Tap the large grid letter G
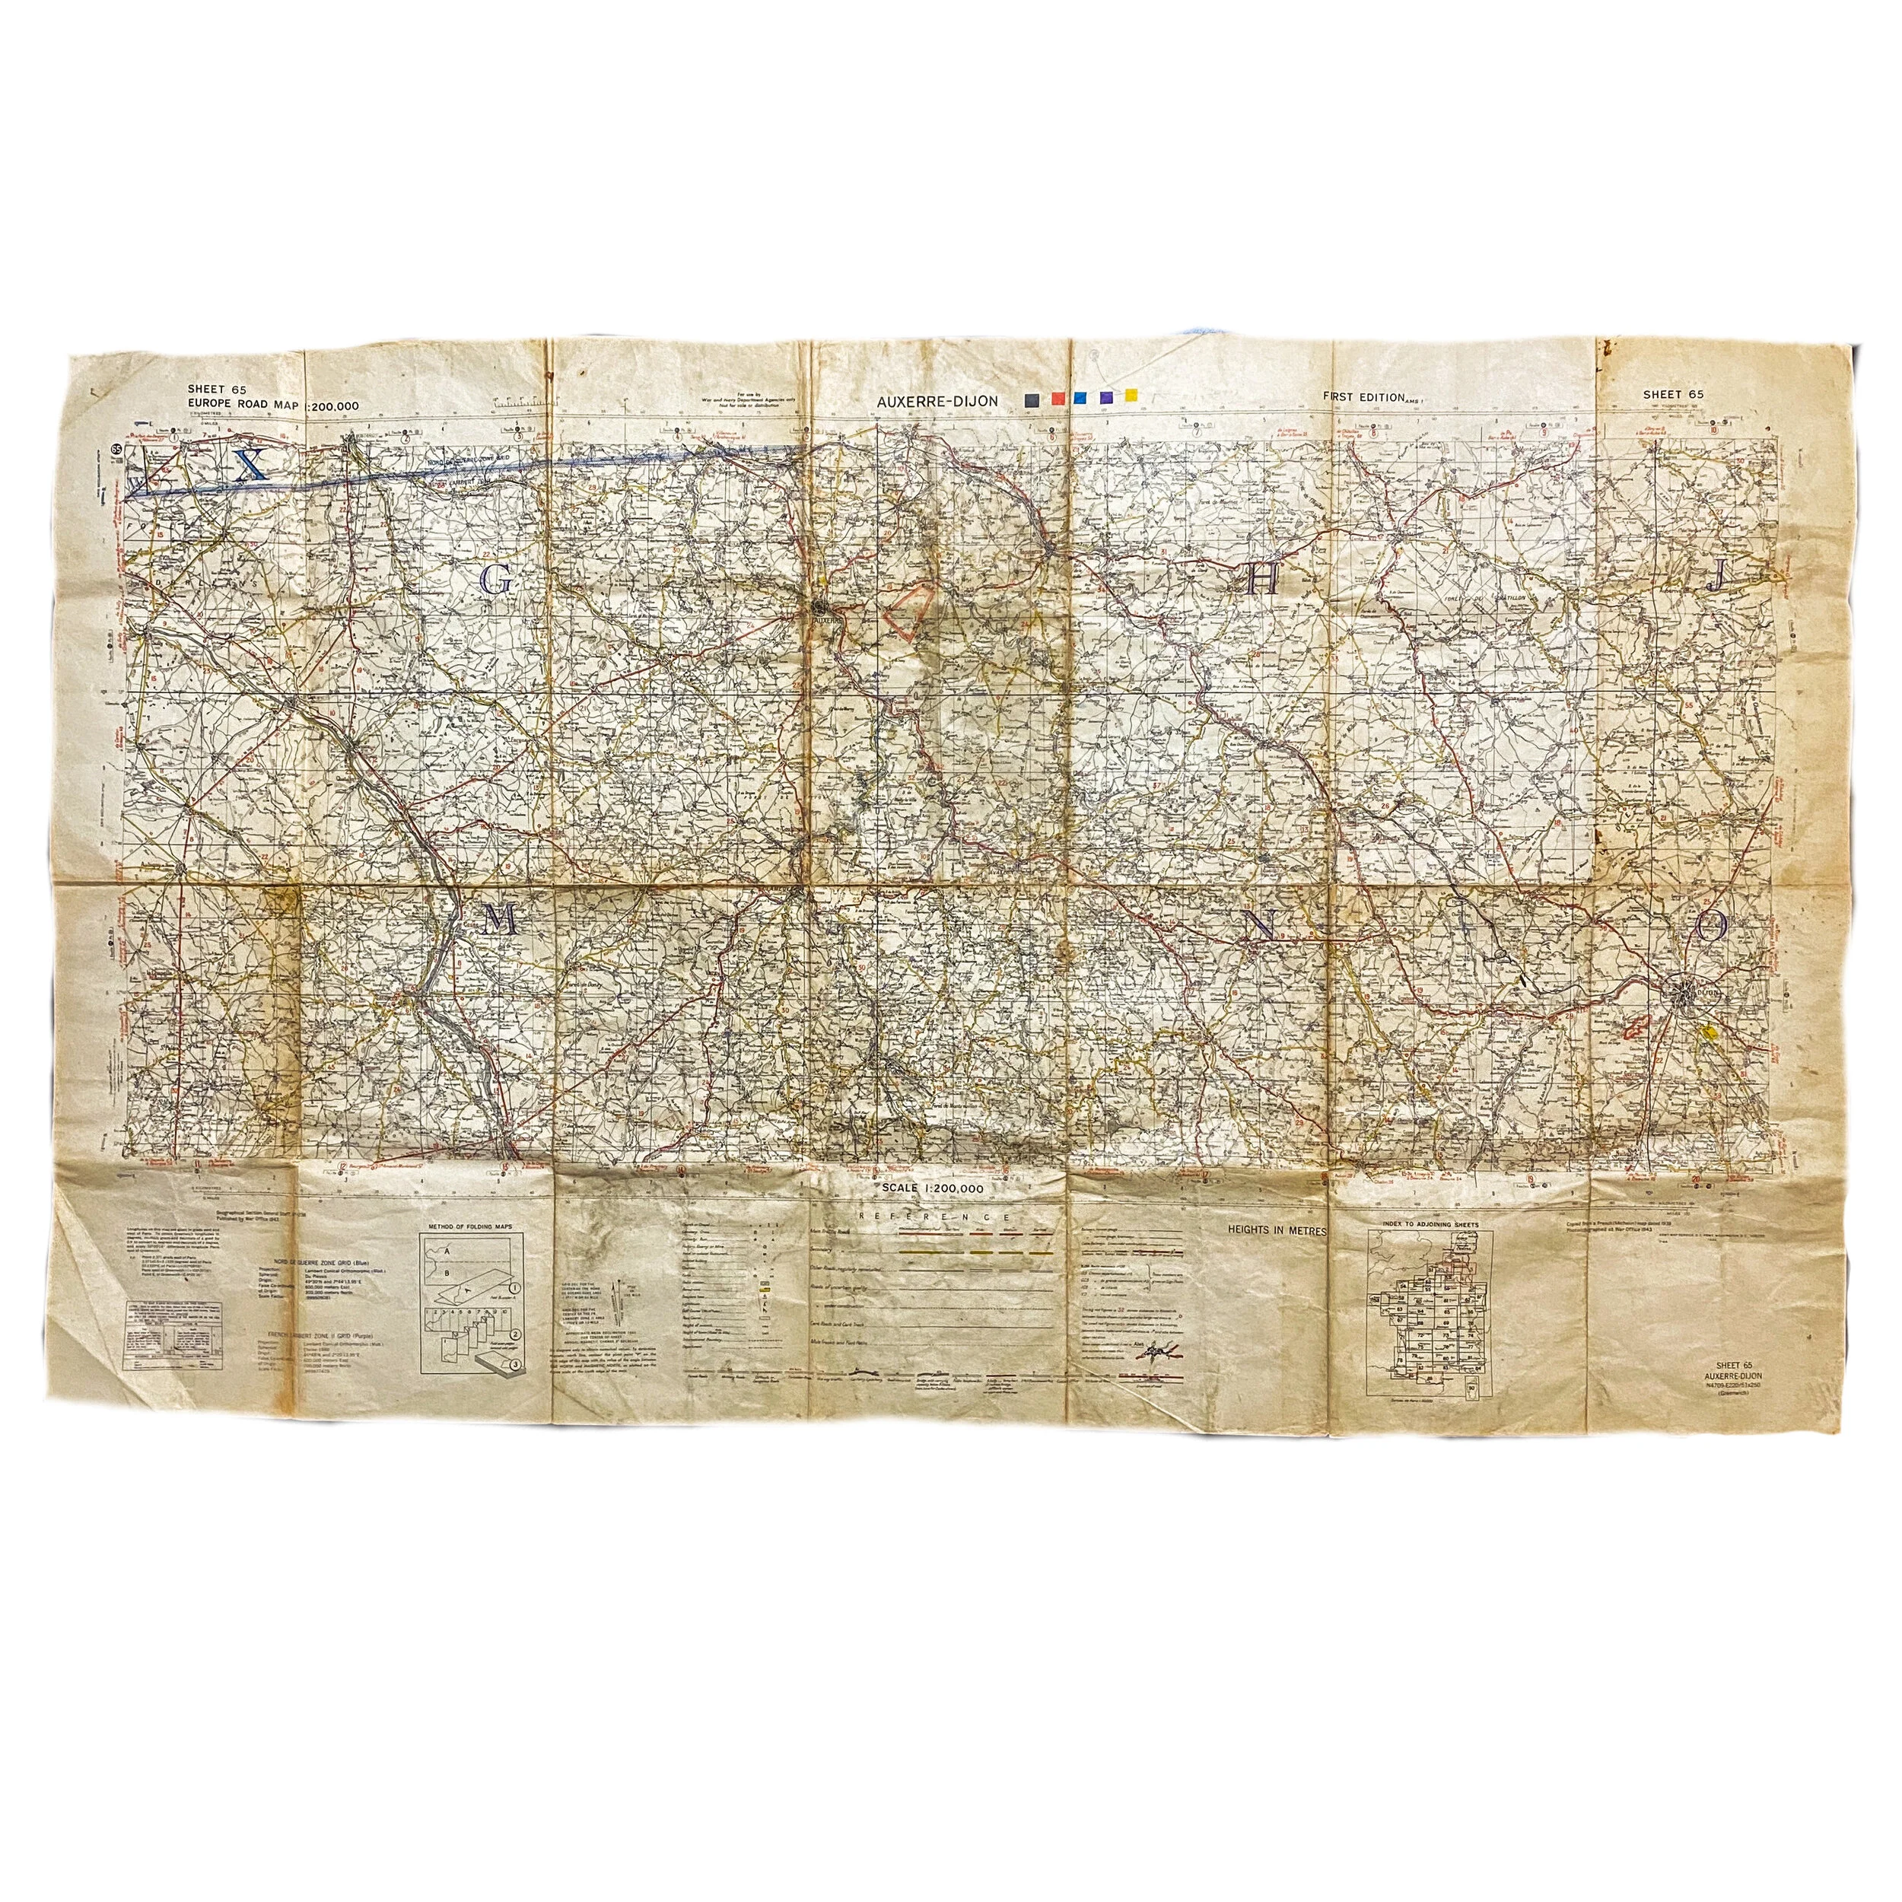point(497,582)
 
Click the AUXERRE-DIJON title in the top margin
point(939,401)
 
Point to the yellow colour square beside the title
point(1131,395)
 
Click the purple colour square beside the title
point(1105,396)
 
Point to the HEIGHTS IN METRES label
point(1277,1230)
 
